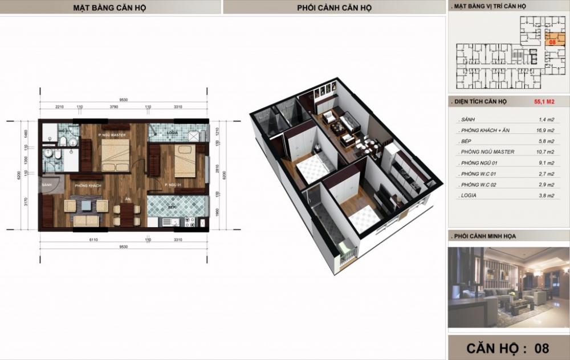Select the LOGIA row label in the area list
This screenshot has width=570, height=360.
point(467,195)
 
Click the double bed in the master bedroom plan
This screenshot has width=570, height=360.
point(117,156)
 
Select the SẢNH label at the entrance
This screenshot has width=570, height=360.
point(47,186)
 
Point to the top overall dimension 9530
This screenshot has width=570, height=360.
point(123,100)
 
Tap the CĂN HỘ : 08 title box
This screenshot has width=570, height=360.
point(507,347)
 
